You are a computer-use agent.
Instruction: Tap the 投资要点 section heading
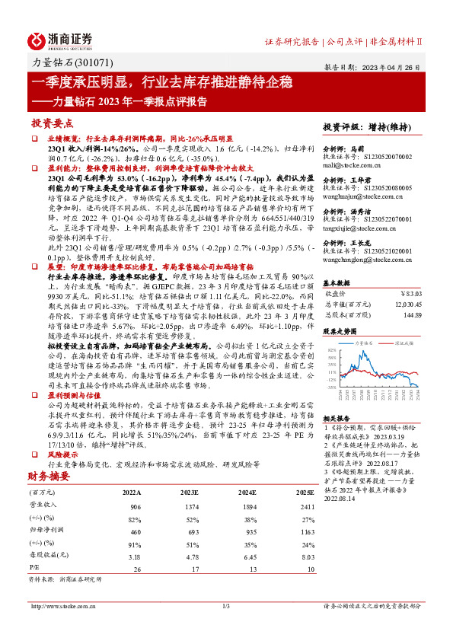point(52,123)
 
